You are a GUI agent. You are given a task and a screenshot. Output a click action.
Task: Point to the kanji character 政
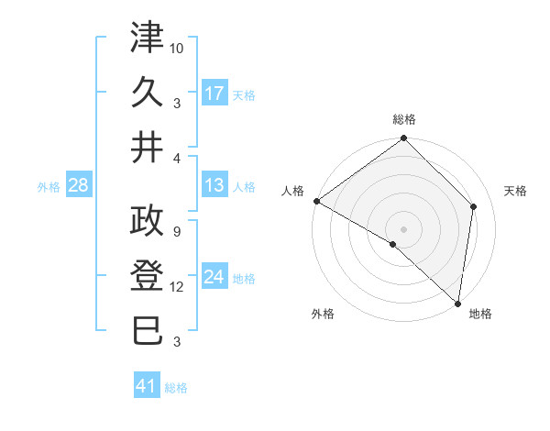point(148,222)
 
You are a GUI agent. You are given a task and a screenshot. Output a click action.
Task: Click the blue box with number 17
point(214,94)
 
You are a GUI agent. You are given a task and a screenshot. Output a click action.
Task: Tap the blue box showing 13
point(214,186)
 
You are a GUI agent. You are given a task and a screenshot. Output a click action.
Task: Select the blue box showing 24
point(214,278)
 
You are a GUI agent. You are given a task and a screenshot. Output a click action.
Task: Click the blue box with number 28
point(79,186)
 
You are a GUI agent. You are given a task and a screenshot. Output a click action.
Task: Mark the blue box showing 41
point(147,387)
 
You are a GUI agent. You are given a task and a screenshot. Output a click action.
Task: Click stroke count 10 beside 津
point(178,46)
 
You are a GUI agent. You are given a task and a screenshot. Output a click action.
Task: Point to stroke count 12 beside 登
point(178,287)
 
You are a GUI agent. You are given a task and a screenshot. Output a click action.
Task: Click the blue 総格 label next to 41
point(176,388)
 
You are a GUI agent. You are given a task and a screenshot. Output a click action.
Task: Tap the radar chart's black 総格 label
point(404,120)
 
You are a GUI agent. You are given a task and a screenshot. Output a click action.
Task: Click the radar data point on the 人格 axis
point(316,201)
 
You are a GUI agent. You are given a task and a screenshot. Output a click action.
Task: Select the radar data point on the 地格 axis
point(457,304)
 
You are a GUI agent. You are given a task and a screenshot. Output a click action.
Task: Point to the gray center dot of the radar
point(403,227)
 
